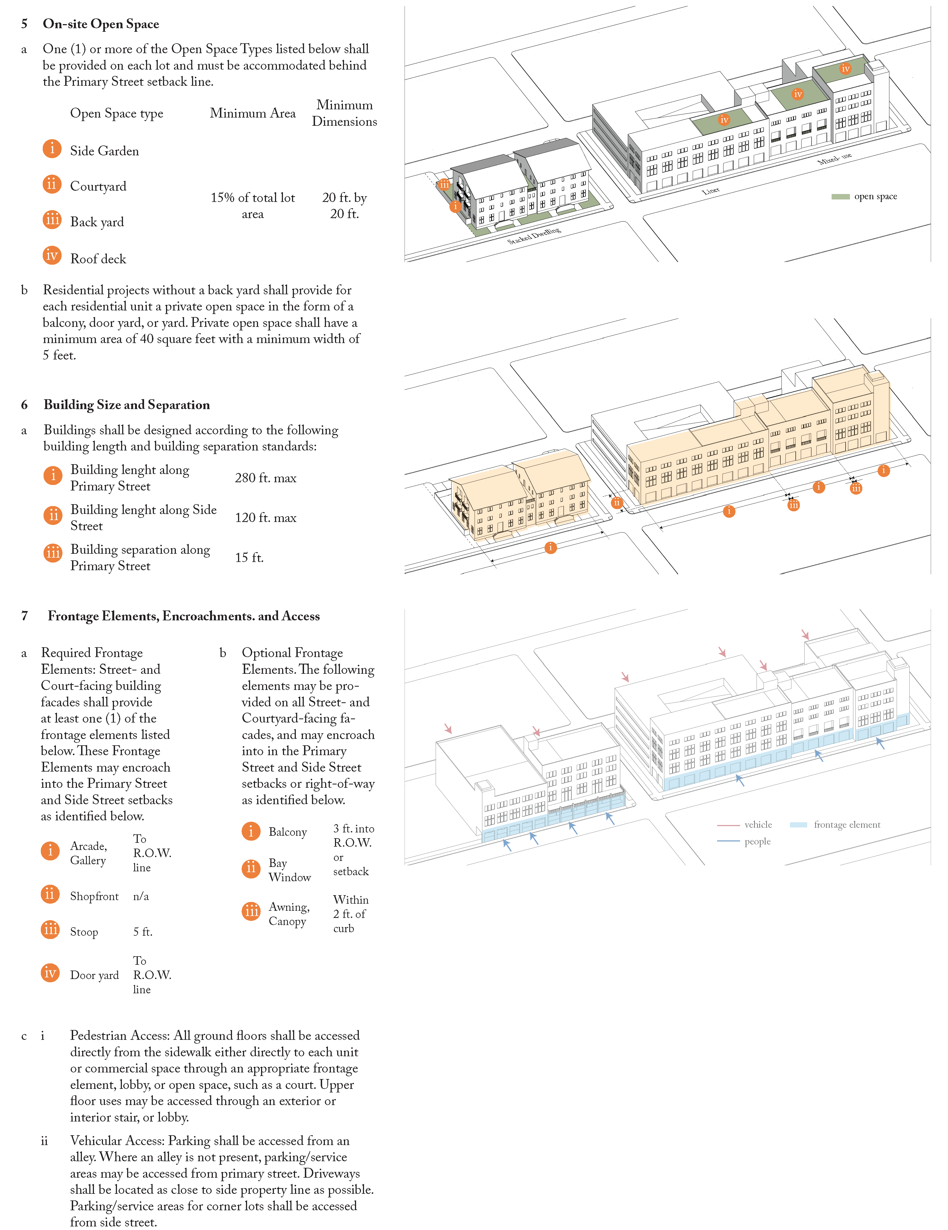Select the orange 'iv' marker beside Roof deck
pyautogui.click(x=52, y=256)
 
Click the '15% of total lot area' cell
pyautogui.click(x=253, y=206)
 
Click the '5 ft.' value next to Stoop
pyautogui.click(x=142, y=932)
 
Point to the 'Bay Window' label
pyautogui.click(x=289, y=870)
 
